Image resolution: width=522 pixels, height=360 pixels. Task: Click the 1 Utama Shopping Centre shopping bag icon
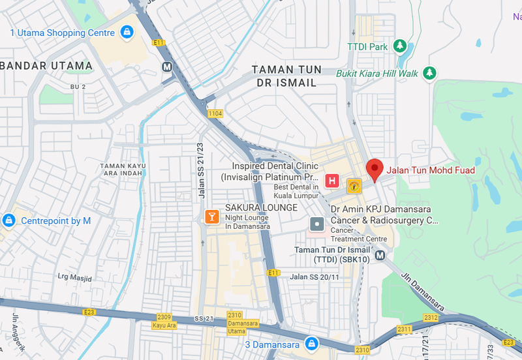(x=126, y=31)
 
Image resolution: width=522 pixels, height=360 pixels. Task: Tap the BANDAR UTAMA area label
(x=47, y=65)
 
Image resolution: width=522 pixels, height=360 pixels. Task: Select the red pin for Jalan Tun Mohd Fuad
(x=375, y=169)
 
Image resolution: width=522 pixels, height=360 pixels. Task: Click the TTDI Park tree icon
(x=399, y=46)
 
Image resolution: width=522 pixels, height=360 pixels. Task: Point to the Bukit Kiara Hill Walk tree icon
(x=429, y=72)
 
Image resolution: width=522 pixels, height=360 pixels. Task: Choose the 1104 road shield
(x=215, y=113)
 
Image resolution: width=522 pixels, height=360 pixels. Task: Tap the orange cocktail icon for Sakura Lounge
(x=211, y=217)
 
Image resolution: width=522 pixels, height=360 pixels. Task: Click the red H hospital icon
(x=331, y=180)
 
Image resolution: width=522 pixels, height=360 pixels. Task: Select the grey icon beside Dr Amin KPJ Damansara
(x=317, y=224)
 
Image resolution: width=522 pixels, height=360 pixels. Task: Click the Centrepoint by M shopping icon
(x=8, y=220)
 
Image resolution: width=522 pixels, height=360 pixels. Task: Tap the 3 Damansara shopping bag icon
(x=312, y=344)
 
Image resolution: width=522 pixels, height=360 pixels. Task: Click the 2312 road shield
(x=431, y=318)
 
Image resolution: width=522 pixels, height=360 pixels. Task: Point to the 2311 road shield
(x=405, y=329)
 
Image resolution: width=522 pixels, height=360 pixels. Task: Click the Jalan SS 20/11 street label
(x=316, y=277)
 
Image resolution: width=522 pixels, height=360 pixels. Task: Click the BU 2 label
(x=78, y=87)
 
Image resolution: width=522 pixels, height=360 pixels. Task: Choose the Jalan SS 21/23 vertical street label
(x=201, y=170)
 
